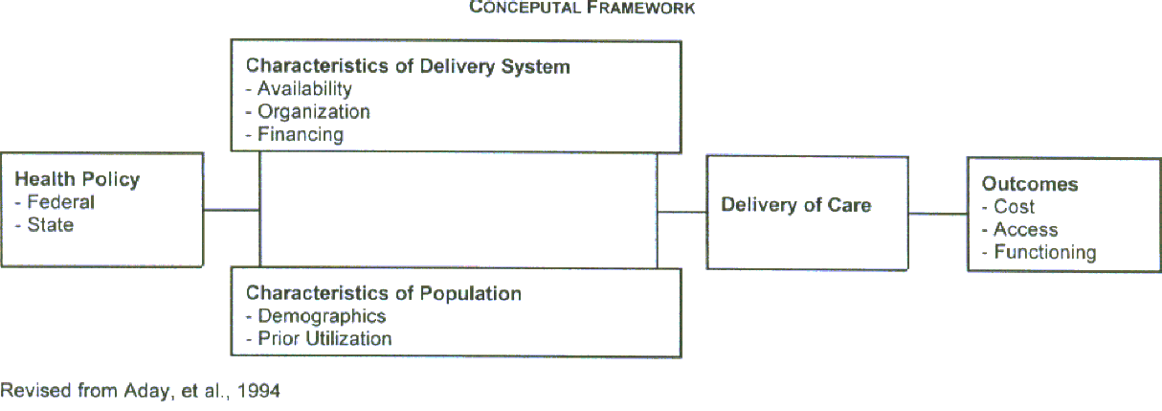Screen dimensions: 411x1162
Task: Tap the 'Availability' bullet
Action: pyautogui.click(x=304, y=89)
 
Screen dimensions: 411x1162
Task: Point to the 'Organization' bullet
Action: pyautogui.click(x=313, y=111)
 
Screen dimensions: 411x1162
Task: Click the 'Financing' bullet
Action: pyautogui.click(x=300, y=134)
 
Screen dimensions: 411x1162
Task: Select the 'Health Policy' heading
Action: pyautogui.click(x=78, y=179)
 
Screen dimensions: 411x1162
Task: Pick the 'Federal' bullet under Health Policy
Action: pyautogui.click(x=60, y=202)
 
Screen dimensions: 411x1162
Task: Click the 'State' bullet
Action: pyautogui.click(x=50, y=225)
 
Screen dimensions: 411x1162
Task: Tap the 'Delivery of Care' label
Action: pyautogui.click(x=796, y=205)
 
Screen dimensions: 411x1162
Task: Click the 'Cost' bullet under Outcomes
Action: pyautogui.click(x=1014, y=207)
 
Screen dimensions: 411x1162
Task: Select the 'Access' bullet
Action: pyautogui.click(x=1025, y=230)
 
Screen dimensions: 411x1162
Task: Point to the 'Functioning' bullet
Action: pyautogui.click(x=1044, y=253)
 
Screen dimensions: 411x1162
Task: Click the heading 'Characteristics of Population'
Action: pyautogui.click(x=384, y=293)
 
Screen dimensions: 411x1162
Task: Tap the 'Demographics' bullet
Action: pyautogui.click(x=321, y=316)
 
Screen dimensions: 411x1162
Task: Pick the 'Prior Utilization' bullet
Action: pyautogui.click(x=324, y=338)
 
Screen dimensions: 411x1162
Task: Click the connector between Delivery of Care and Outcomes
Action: pyautogui.click(x=937, y=214)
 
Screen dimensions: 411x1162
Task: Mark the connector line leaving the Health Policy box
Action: pyautogui.click(x=231, y=210)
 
